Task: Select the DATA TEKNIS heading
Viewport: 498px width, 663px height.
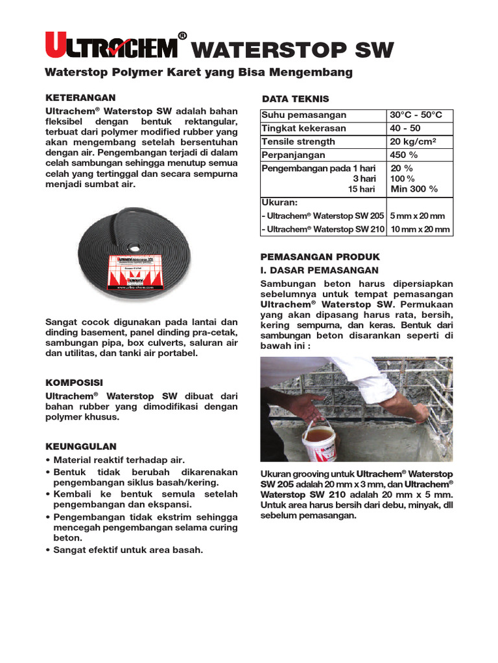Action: (x=295, y=99)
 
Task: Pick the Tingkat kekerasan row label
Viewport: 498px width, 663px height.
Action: (x=303, y=128)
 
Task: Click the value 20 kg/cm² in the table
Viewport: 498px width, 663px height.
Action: (x=413, y=142)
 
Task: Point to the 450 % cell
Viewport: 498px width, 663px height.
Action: (x=404, y=155)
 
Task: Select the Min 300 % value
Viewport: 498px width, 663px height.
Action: (x=414, y=189)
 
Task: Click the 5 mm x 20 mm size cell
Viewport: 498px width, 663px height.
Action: (x=417, y=216)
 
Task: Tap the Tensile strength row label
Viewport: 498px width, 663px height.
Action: (x=298, y=142)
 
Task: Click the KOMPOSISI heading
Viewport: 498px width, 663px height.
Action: (x=74, y=383)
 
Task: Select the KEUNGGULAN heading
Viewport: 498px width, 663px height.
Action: (x=80, y=446)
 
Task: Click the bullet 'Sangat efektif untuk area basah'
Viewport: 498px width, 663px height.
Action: (x=128, y=550)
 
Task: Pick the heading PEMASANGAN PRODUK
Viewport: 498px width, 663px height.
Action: (x=320, y=256)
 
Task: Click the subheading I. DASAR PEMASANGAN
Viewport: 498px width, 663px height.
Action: (x=319, y=270)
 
